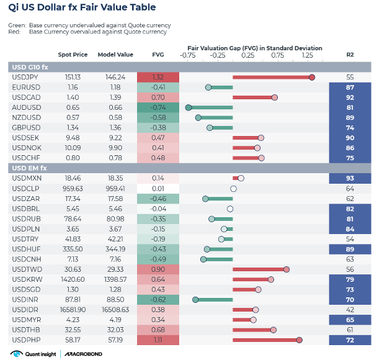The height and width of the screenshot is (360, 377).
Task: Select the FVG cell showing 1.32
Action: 157,77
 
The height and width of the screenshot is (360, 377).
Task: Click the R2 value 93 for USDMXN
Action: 350,178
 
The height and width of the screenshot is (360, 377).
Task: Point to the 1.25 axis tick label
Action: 308,55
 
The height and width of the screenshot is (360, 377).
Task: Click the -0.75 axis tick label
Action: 188,55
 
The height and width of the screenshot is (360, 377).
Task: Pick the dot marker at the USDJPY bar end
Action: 312,77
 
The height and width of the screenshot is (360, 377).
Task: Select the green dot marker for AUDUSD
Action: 188,107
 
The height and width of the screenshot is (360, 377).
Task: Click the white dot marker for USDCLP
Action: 233,188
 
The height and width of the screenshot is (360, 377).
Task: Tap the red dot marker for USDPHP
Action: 299,340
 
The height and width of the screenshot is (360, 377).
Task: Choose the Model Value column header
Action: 115,55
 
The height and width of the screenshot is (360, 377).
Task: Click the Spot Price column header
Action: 72,55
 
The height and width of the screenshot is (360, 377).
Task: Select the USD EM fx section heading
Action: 30,168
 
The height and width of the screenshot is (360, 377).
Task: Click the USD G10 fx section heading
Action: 31,66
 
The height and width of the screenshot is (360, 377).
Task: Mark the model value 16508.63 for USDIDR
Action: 115,309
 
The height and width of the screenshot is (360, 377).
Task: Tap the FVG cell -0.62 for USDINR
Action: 157,299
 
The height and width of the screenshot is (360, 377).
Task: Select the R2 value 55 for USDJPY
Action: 350,77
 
